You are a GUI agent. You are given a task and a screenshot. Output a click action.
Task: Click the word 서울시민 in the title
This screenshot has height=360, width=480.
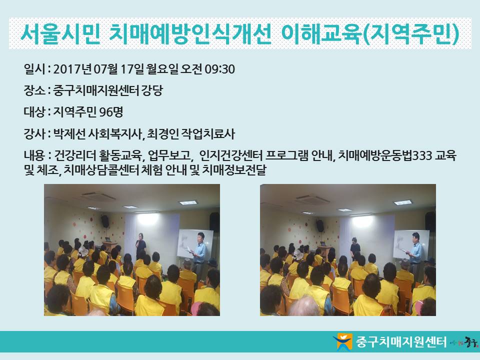[60, 33]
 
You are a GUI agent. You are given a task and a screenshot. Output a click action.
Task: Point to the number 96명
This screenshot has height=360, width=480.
[111, 112]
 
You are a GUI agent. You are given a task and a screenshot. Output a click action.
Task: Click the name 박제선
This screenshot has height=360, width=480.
[69, 134]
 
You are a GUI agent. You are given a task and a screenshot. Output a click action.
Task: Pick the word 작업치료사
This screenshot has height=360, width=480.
[208, 134]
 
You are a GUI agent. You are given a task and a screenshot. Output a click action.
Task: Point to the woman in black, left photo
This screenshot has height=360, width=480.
[141, 246]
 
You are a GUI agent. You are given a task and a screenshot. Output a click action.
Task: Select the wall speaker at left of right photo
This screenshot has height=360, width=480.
[320, 225]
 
